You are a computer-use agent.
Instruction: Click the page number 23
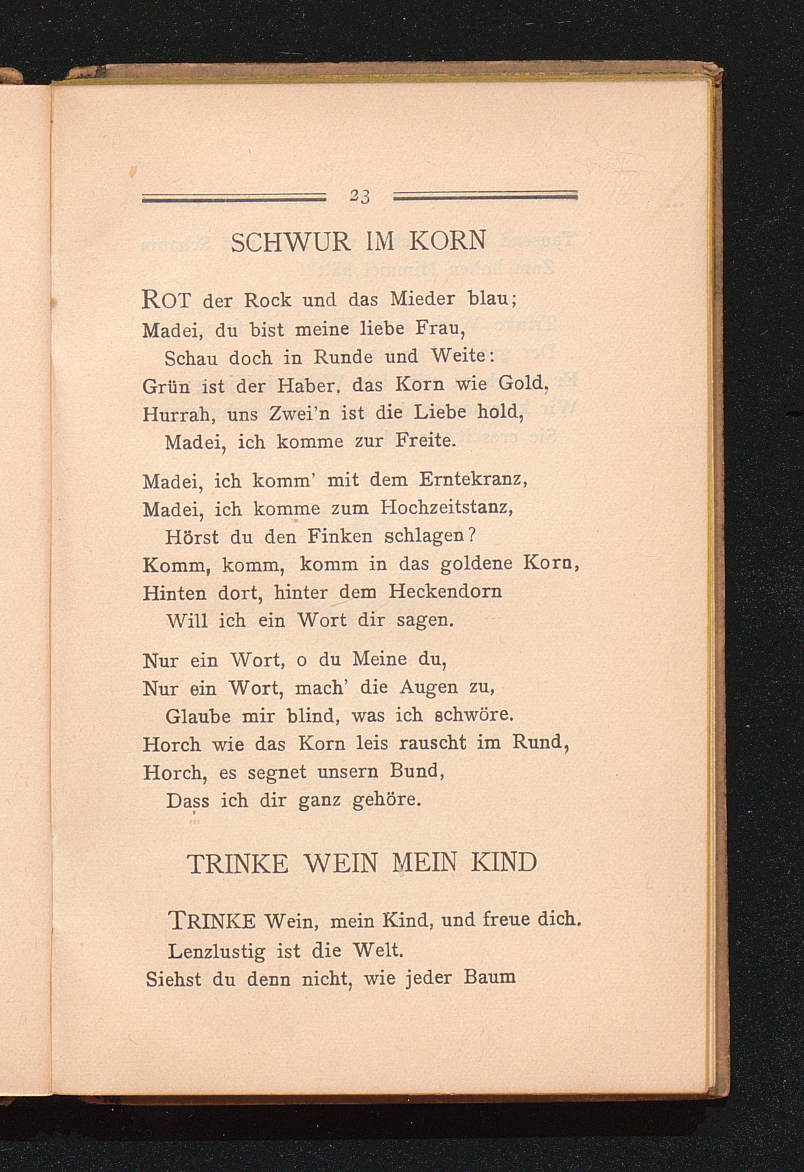click(359, 197)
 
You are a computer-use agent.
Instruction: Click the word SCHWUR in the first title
click(290, 242)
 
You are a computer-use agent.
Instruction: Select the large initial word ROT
click(167, 299)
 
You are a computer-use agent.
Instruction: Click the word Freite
click(425, 441)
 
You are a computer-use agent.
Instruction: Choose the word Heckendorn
click(445, 592)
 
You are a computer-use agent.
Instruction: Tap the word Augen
click(428, 687)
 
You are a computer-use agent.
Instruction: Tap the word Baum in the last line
click(489, 977)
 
